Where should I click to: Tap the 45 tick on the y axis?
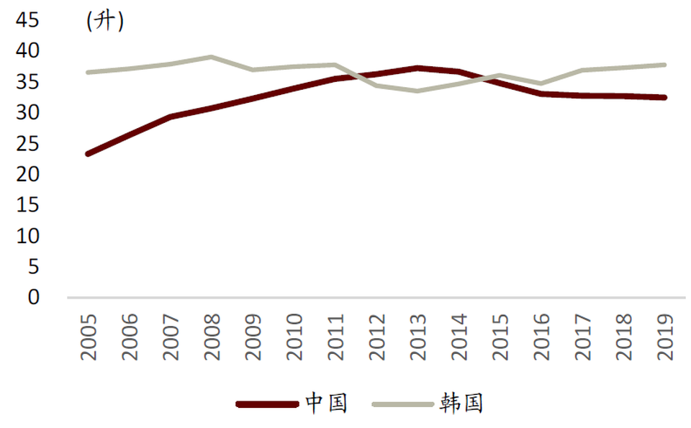click(x=27, y=21)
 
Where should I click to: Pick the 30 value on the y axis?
click(x=27, y=113)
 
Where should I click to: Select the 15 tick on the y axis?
click(x=27, y=206)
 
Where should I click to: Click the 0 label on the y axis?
click(x=34, y=297)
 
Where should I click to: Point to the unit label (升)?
click(x=105, y=22)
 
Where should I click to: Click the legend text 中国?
click(x=326, y=403)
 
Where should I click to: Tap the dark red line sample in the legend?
click(x=267, y=404)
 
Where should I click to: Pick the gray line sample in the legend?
click(x=402, y=404)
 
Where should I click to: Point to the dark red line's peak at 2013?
click(x=418, y=68)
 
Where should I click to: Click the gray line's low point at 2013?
click(x=418, y=91)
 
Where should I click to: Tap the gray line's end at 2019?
click(x=665, y=65)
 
